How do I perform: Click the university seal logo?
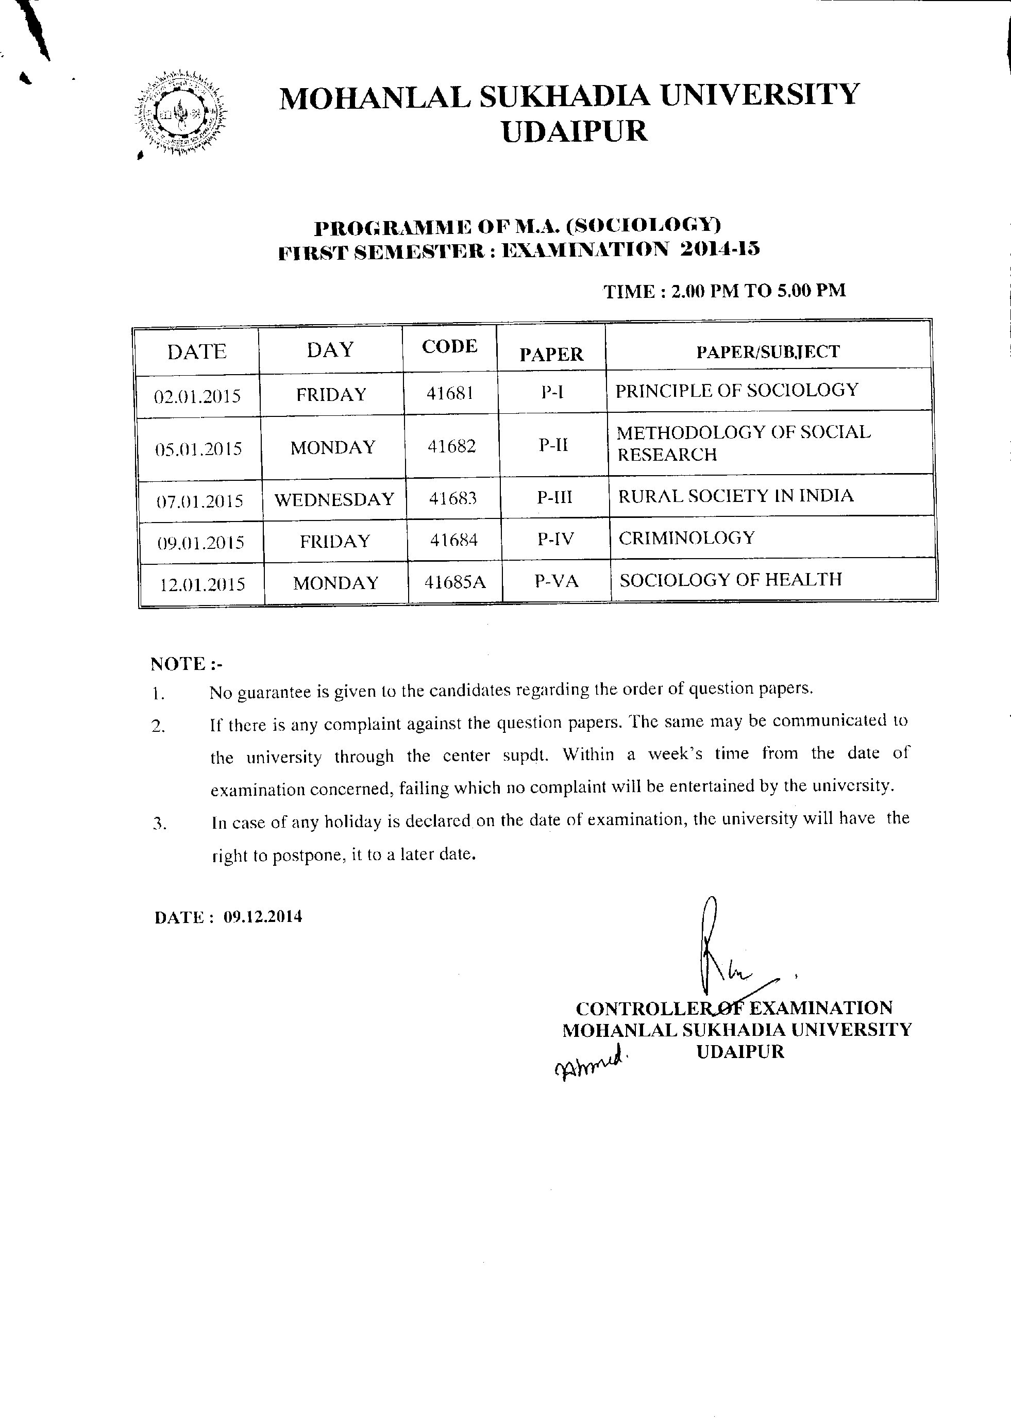(x=180, y=114)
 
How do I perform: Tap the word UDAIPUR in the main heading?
(x=574, y=131)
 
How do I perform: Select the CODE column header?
(x=449, y=346)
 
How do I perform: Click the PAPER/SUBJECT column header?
(x=768, y=352)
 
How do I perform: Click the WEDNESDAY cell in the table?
(x=334, y=499)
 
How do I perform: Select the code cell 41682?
(x=451, y=446)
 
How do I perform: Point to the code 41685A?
(x=454, y=582)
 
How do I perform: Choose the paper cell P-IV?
(x=555, y=539)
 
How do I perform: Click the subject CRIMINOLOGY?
(x=687, y=538)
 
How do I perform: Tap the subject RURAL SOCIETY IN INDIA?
(x=735, y=496)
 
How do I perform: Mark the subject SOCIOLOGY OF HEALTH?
(x=730, y=580)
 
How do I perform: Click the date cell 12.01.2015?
(x=203, y=584)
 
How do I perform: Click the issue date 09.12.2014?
(x=263, y=916)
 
